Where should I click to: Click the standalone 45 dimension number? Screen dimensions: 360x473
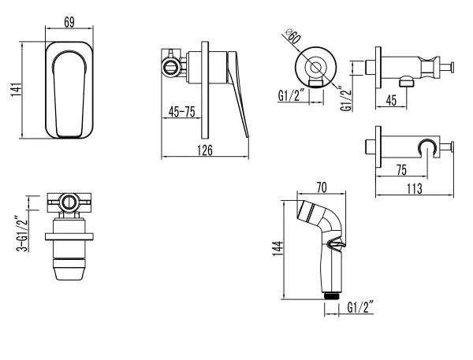click(392, 99)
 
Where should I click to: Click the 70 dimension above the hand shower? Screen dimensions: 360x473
click(322, 187)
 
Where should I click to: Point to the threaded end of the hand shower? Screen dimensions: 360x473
click(333, 293)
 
